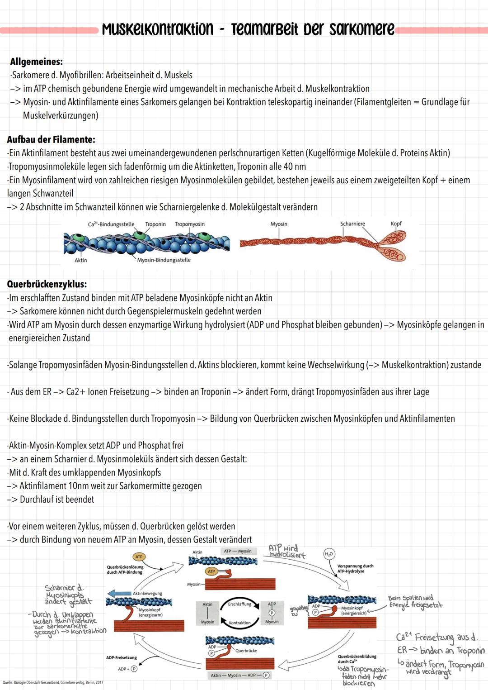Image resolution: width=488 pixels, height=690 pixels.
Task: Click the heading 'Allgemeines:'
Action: (x=37, y=62)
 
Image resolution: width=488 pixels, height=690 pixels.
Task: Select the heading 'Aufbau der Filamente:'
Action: (x=51, y=139)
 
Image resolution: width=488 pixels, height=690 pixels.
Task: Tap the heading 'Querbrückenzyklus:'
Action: (x=47, y=284)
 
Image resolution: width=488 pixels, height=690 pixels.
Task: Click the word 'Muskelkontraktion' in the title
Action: (x=157, y=29)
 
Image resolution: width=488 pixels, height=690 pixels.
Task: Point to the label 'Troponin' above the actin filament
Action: (x=155, y=224)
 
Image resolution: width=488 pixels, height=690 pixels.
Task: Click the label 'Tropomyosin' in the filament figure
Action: (x=190, y=224)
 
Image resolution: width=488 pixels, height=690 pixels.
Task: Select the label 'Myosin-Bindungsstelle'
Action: (x=164, y=260)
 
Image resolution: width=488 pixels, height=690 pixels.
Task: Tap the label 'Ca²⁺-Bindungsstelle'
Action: (x=111, y=224)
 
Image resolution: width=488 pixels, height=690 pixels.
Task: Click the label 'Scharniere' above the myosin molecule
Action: (x=352, y=224)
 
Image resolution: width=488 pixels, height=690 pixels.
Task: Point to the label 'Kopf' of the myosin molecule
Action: (x=396, y=224)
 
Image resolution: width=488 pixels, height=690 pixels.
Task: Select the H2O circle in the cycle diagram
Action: (x=329, y=554)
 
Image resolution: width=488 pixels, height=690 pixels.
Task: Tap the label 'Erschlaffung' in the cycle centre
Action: (x=239, y=604)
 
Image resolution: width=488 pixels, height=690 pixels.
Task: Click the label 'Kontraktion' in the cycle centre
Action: (x=239, y=623)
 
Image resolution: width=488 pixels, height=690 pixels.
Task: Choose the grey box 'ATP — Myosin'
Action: (x=238, y=551)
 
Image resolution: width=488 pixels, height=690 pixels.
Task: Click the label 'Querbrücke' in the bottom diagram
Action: (x=246, y=651)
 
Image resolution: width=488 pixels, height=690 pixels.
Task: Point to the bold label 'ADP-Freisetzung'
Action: (x=121, y=658)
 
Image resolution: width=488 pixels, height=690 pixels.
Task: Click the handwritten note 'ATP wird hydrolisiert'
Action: (x=286, y=551)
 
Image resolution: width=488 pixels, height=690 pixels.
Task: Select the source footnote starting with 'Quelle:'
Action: (x=53, y=682)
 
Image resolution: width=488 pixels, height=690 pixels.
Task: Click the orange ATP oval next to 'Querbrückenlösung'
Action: (x=139, y=557)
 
